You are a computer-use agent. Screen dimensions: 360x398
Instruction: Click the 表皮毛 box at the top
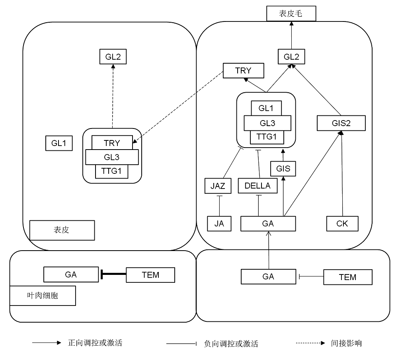click(291, 14)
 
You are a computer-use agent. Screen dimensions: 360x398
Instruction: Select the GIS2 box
click(341, 123)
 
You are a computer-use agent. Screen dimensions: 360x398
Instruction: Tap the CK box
click(342, 224)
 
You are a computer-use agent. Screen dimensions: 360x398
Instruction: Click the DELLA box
click(258, 185)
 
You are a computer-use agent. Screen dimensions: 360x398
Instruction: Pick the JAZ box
click(218, 185)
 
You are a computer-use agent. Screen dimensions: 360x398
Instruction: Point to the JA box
click(219, 224)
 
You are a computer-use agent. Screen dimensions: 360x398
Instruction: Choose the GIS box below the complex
click(283, 169)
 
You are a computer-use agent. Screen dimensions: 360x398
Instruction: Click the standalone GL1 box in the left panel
click(59, 143)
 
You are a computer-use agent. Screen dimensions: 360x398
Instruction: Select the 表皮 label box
click(62, 230)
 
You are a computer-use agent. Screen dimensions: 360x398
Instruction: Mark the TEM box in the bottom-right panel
click(347, 277)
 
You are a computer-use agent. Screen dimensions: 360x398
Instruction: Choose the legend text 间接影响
click(346, 343)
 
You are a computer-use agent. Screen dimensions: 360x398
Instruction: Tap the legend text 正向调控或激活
click(95, 343)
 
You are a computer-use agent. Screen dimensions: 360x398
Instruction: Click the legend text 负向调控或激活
click(230, 343)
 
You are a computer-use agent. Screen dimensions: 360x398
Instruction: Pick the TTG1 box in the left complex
click(111, 171)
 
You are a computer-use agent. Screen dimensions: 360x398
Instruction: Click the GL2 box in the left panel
click(113, 56)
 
